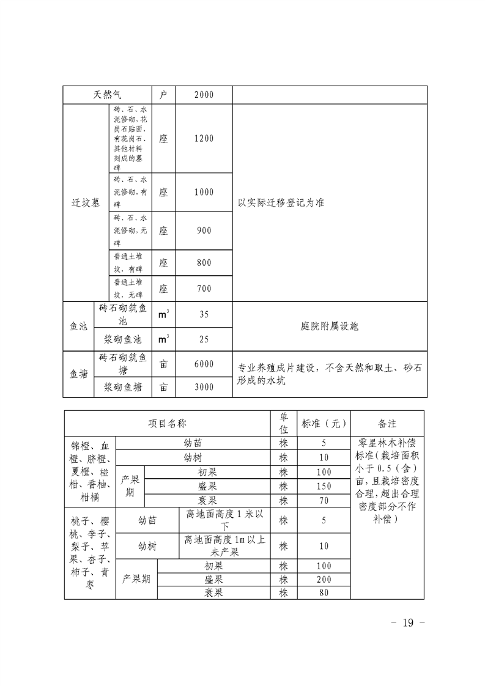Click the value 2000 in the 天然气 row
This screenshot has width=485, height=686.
(204, 95)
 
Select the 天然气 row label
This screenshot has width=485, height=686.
(108, 95)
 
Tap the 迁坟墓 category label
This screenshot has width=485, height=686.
(86, 202)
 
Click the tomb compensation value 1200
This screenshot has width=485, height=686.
(204, 138)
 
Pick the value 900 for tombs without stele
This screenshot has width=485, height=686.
(204, 231)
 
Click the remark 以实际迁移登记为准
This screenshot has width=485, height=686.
(281, 202)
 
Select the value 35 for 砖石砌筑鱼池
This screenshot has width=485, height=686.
(204, 314)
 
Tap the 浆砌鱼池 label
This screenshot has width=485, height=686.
(122, 338)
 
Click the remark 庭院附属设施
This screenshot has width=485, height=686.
(330, 326)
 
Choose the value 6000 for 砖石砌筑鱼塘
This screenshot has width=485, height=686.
(204, 364)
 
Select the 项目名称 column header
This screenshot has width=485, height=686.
(167, 423)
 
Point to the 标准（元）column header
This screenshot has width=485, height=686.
(324, 423)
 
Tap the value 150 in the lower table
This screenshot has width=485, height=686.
(324, 486)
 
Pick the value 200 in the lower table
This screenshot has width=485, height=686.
(324, 579)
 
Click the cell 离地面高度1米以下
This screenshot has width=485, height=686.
(224, 520)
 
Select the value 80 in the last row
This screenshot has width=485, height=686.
(324, 592)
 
